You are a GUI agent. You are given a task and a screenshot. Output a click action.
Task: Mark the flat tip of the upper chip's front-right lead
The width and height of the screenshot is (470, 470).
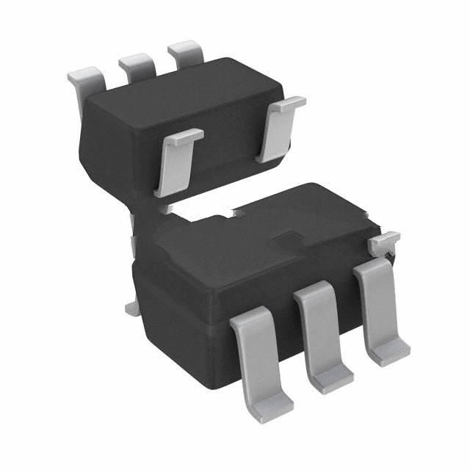pos(286,105)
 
